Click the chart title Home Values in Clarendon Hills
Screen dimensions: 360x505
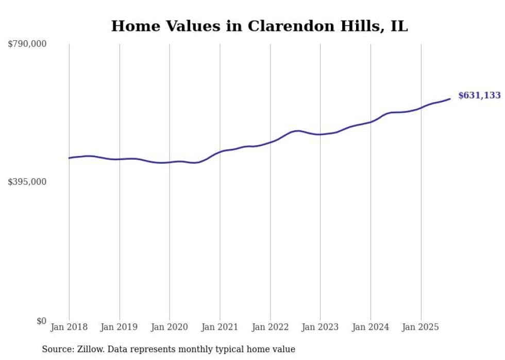click(259, 26)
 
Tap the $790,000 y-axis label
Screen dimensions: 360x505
click(27, 44)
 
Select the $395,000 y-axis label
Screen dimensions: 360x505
click(27, 182)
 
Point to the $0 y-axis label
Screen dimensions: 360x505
click(41, 321)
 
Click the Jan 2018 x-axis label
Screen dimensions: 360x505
click(69, 327)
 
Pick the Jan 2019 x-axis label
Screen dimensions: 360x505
click(120, 327)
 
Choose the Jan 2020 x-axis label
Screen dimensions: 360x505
click(170, 327)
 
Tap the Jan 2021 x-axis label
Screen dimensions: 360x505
click(220, 327)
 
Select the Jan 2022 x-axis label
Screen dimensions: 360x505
click(270, 327)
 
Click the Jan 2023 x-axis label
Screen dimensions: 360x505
click(321, 327)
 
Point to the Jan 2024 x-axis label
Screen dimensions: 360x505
click(371, 327)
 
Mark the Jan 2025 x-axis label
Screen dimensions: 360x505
click(421, 327)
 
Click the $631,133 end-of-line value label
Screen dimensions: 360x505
click(479, 95)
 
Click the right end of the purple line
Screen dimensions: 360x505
click(450, 99)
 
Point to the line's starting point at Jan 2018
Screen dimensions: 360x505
click(69, 158)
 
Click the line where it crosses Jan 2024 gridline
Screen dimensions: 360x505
click(371, 122)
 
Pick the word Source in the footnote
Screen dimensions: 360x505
click(57, 349)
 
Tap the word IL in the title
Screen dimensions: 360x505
click(399, 26)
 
